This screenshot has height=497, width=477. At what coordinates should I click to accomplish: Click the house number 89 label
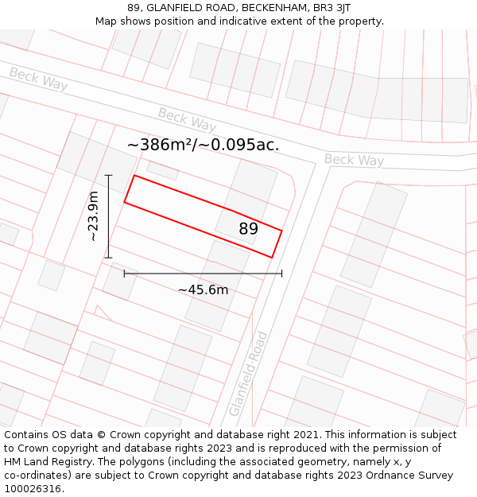click(x=249, y=229)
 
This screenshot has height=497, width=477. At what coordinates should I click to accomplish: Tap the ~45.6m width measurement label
click(x=203, y=289)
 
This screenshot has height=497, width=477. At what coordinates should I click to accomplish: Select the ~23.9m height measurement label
click(x=94, y=216)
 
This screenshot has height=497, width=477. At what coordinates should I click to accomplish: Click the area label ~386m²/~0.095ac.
click(x=203, y=145)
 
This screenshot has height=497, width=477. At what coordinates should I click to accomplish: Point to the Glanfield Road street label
click(x=248, y=374)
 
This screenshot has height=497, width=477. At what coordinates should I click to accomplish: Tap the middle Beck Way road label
click(x=187, y=120)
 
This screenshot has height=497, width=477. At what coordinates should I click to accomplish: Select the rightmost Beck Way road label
click(x=354, y=160)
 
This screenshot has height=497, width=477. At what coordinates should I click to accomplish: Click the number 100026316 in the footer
click(x=34, y=488)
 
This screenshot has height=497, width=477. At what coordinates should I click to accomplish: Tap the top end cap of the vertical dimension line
click(x=109, y=175)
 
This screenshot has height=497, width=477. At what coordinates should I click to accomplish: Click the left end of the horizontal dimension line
click(x=124, y=274)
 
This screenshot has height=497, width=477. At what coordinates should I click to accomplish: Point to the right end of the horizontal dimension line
click(x=281, y=274)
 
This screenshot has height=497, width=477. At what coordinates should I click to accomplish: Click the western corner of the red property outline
click(x=125, y=202)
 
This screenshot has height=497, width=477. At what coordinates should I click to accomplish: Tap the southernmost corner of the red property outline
click(x=272, y=258)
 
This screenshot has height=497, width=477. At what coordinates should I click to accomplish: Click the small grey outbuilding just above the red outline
click(x=163, y=169)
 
